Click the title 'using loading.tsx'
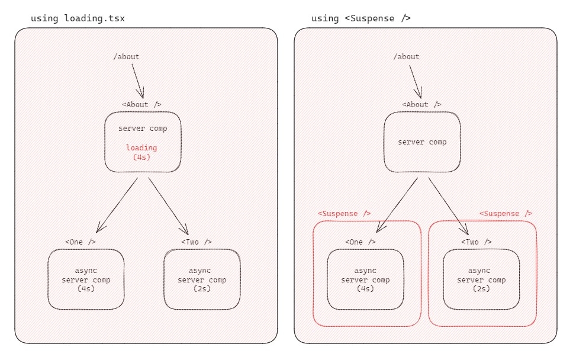pos(78,18)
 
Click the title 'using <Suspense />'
pos(360,18)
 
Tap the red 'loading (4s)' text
pos(141,152)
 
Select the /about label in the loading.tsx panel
pos(127,57)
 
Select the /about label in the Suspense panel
pos(406,57)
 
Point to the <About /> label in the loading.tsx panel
pos(142,105)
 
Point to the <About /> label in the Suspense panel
pos(421,105)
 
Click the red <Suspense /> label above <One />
pos(345,213)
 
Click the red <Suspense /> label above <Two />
pos(506,213)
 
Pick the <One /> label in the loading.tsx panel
pos(81,242)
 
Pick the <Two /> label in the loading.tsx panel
pos(197,242)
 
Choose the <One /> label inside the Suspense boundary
pos(360,242)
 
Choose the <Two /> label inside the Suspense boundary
pos(477,242)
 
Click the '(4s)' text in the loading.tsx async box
pos(86,289)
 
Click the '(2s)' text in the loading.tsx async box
pos(202,289)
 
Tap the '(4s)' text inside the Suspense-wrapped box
pos(365,289)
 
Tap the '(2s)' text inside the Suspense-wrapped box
pos(481,289)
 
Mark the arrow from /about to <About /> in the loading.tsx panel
pos(138,81)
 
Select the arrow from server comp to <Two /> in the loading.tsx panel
pos(169,206)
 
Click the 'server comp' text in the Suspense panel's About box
pos(422,142)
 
